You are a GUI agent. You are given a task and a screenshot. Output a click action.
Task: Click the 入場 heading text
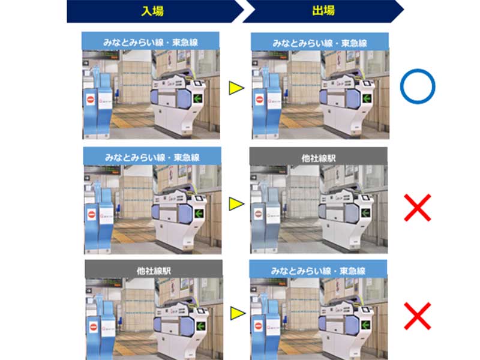(x=152, y=11)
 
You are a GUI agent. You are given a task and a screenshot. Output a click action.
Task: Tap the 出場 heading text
(x=323, y=11)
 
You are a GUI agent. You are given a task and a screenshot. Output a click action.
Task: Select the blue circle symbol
(x=418, y=86)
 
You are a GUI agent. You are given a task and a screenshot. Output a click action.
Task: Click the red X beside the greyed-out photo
(x=418, y=208)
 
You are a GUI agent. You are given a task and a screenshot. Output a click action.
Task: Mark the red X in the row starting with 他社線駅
(x=418, y=316)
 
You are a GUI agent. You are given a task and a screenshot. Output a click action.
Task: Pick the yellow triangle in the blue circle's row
(x=236, y=88)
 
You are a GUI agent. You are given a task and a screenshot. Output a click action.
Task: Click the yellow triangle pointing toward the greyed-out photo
(x=236, y=204)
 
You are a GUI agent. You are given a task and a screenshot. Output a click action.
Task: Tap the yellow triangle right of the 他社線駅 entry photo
(x=238, y=313)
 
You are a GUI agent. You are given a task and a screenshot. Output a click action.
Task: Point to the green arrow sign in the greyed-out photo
(x=365, y=212)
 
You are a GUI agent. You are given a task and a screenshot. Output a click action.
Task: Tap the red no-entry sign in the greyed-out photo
(x=259, y=214)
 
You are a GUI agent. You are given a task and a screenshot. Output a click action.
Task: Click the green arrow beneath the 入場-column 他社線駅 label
(x=201, y=326)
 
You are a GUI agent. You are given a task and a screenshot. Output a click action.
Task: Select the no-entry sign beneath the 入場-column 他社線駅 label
(x=94, y=327)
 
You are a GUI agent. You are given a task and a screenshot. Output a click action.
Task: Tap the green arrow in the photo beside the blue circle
(x=367, y=98)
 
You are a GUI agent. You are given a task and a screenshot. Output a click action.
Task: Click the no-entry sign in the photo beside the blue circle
(x=260, y=100)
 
